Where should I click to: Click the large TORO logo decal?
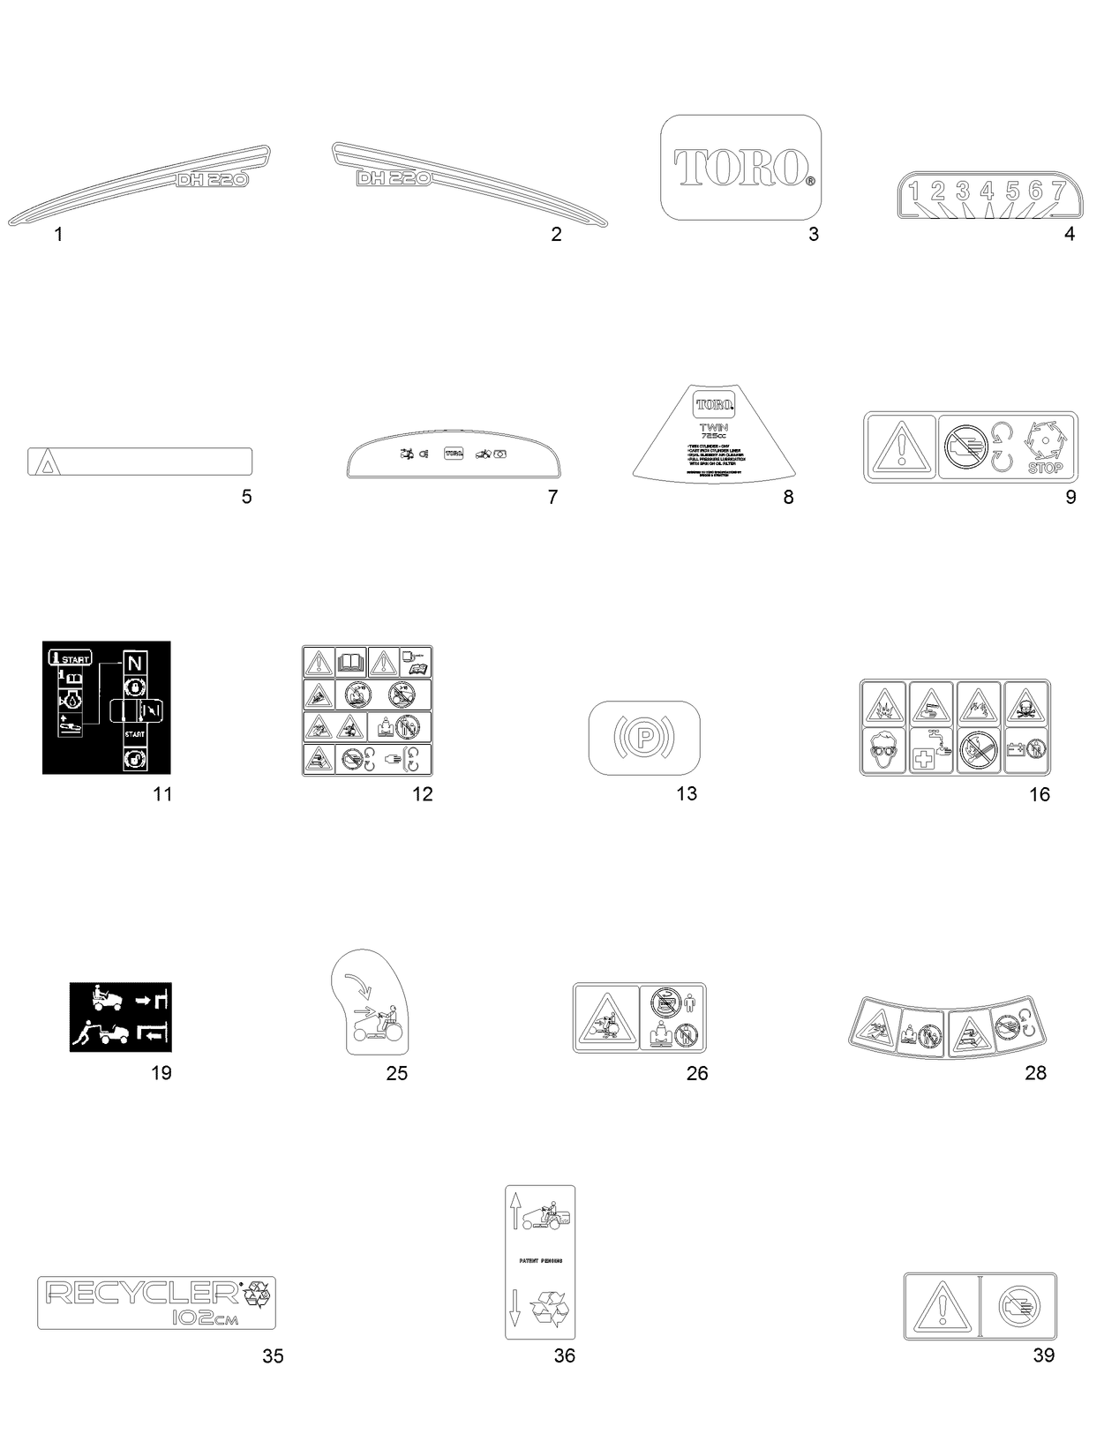pos(741,168)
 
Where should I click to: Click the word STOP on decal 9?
pos(1045,468)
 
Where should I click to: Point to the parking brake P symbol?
pos(644,735)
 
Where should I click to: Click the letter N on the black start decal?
pos(134,662)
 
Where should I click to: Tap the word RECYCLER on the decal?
pos(141,1293)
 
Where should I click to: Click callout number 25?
pos(397,1073)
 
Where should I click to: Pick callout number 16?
pos(1040,794)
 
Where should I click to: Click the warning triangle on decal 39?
pos(941,1307)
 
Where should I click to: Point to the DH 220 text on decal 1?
pos(212,178)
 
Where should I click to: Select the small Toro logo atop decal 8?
pos(713,404)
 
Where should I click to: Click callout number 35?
pos(273,1355)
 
